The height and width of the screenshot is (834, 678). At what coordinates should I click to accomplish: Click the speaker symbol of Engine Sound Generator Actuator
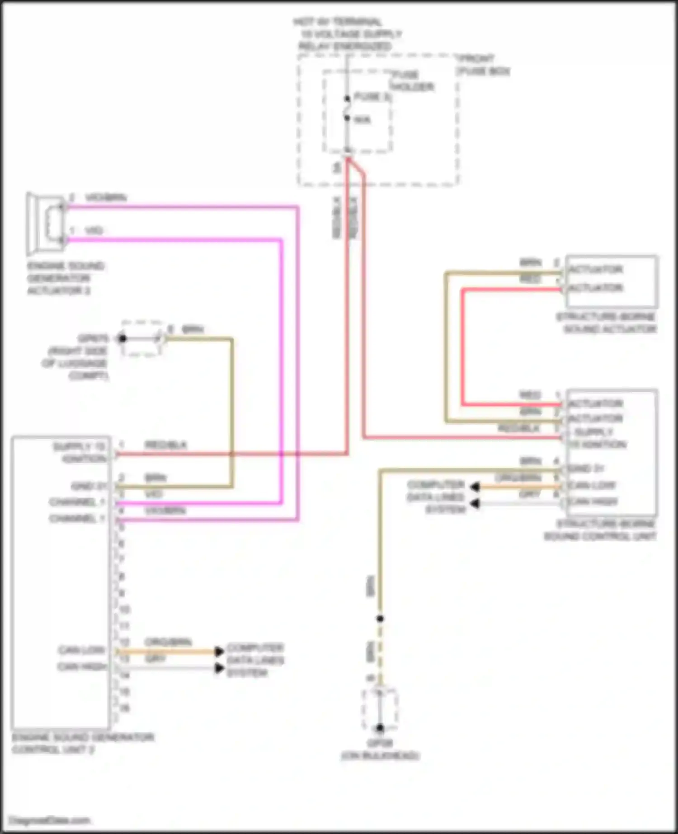[45, 224]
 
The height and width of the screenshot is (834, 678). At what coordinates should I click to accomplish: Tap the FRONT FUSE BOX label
[483, 65]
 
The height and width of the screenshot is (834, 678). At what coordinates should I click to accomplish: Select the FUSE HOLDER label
[412, 80]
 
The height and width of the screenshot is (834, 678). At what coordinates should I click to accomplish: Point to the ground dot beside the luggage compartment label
[122, 338]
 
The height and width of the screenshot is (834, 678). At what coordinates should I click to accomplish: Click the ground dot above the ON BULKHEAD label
[380, 728]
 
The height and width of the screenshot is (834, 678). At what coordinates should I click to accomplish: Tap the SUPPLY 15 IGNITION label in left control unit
[80, 452]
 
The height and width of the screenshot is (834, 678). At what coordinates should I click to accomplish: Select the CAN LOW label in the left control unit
[81, 650]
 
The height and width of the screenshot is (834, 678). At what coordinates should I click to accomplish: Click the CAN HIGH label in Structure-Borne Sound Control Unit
[593, 501]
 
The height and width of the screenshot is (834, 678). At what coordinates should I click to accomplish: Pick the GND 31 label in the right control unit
[586, 469]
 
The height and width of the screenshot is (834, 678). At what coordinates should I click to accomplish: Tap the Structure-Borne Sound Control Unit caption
[600, 530]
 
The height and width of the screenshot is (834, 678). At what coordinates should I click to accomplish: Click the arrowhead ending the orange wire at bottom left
[219, 651]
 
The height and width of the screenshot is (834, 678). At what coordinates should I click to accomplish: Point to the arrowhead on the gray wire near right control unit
[475, 503]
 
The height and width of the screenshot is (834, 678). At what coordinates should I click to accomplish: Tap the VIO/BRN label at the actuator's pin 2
[106, 198]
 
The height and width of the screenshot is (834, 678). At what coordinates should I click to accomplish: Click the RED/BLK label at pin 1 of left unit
[165, 445]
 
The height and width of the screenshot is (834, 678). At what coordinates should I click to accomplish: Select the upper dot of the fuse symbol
[347, 98]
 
